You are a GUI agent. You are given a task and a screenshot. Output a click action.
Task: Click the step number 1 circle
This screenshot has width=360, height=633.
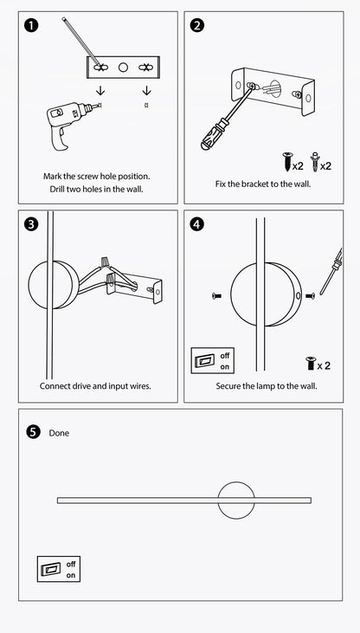coord(31,25)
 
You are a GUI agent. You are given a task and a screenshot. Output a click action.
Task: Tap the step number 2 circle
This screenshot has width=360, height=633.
coord(197,25)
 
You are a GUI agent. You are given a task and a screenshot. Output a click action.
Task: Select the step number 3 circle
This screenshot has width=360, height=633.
coord(31,224)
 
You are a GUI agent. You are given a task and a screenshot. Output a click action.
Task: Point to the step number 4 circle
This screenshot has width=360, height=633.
coord(197,224)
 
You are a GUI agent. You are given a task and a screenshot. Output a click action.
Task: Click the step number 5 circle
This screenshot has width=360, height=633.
coord(34,432)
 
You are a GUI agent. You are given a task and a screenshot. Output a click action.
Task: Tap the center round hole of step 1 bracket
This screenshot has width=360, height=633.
coord(123,67)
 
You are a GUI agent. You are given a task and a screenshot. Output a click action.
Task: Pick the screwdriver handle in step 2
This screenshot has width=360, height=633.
coord(213,134)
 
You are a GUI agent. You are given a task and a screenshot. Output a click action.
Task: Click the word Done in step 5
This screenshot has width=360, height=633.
coord(59,433)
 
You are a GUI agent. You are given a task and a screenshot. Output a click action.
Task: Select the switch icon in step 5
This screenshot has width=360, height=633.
coord(59,569)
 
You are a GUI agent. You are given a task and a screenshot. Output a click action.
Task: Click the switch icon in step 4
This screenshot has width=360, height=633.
coord(213,360)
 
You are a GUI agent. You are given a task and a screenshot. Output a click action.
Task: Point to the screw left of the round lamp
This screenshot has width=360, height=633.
coord(216,296)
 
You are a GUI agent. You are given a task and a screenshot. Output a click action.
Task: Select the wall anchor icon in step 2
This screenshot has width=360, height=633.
coord(314,161)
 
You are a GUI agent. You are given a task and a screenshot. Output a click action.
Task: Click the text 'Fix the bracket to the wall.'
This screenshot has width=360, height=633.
coord(263,184)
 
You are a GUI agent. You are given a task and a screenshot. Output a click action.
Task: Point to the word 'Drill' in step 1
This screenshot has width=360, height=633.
coord(58,189)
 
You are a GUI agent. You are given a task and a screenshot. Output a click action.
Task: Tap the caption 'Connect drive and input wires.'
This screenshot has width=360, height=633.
coord(95,386)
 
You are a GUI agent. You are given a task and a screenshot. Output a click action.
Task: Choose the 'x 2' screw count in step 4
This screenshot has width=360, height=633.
coord(324,365)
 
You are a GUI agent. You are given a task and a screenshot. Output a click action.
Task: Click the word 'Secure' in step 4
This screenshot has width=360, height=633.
coord(228,386)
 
